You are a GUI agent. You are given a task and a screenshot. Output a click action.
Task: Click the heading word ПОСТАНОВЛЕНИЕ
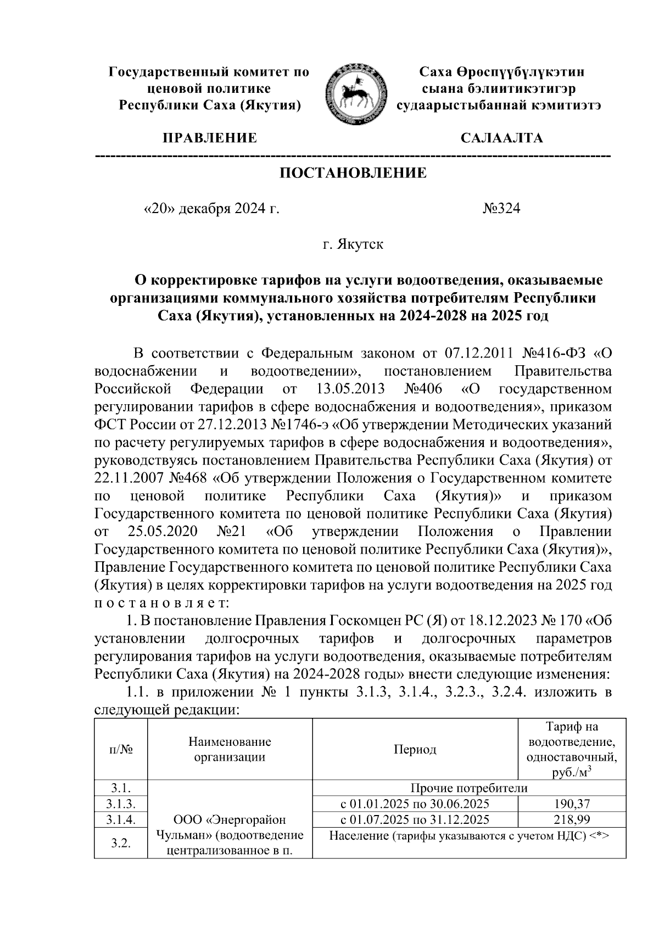353,174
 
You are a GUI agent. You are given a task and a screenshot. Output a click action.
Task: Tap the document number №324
501,209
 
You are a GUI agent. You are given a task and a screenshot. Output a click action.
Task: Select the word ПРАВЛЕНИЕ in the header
209,138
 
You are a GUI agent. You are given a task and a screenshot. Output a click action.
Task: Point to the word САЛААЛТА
502,138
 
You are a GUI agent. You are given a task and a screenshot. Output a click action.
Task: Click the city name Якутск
353,244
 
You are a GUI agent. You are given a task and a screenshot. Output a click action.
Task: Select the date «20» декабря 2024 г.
211,209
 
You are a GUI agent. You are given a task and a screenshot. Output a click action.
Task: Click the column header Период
415,750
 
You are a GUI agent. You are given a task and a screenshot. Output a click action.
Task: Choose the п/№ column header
120,750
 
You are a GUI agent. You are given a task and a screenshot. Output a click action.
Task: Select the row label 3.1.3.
120,805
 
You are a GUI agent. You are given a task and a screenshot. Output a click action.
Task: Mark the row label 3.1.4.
120,820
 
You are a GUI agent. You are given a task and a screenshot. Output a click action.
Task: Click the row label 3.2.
120,843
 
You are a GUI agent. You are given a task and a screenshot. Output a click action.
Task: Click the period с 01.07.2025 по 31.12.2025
415,820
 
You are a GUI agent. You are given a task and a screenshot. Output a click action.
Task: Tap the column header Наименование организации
230,750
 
